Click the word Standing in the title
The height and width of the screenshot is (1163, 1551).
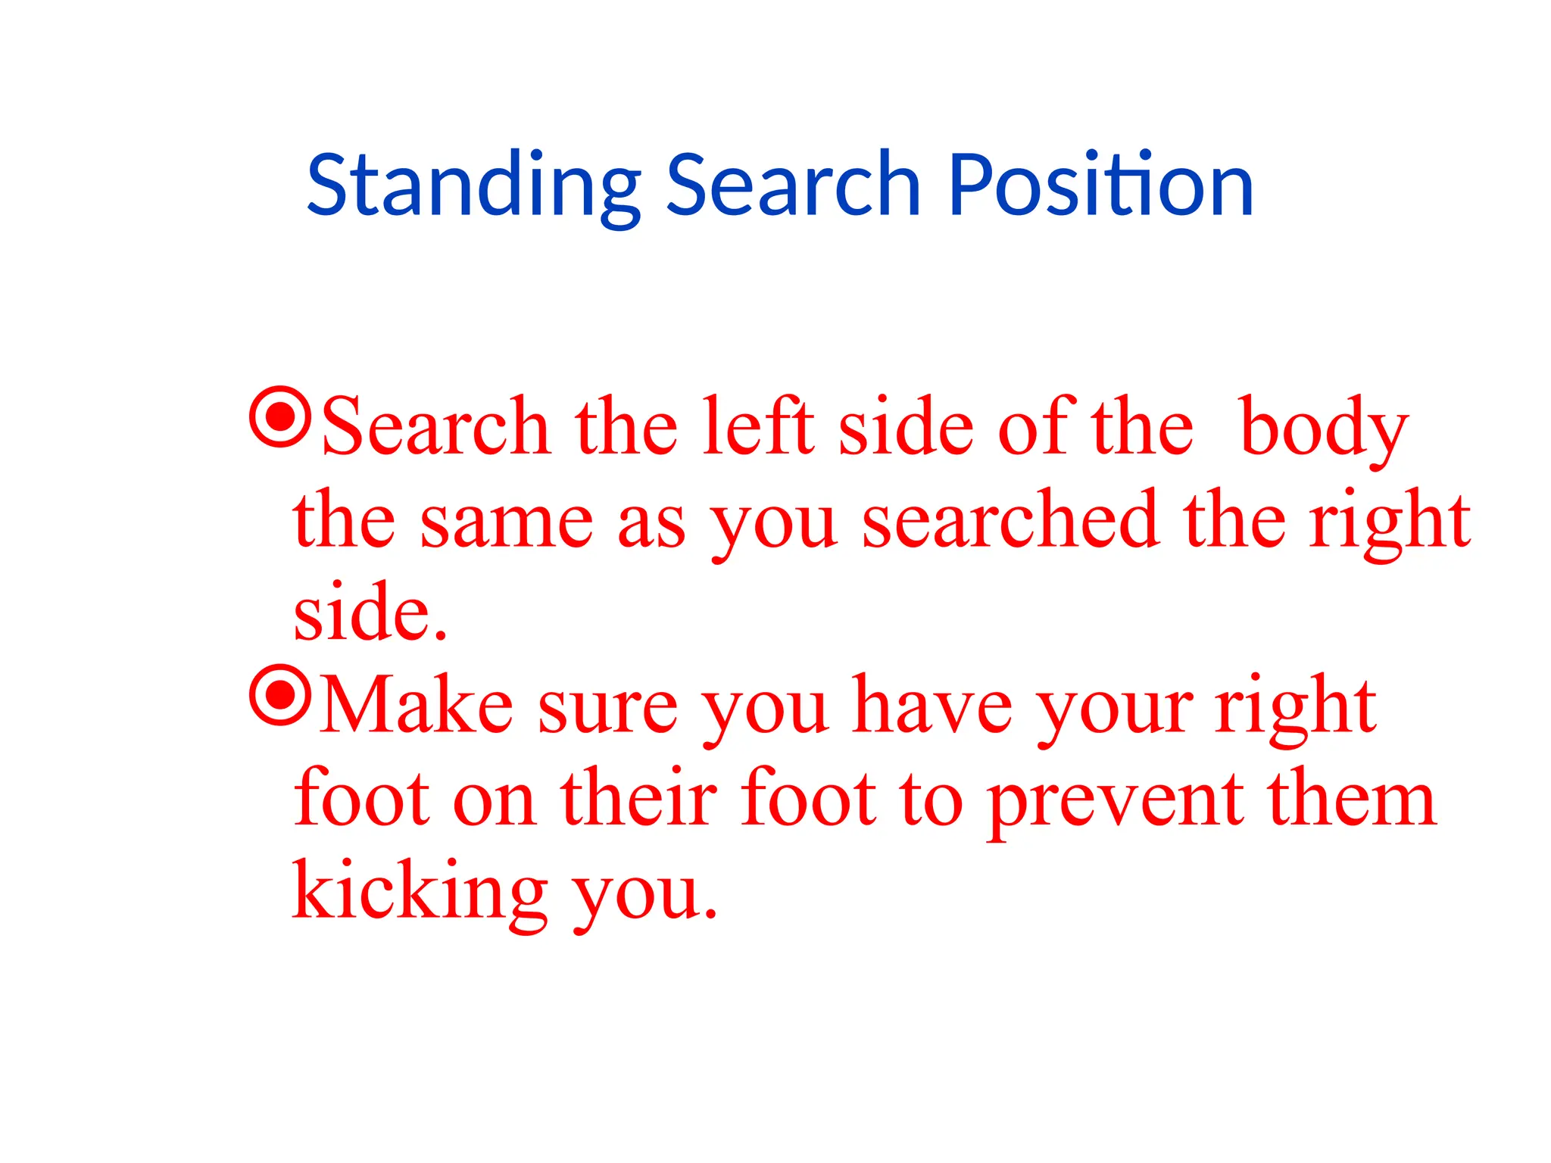473,186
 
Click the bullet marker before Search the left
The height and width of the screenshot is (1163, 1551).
280,416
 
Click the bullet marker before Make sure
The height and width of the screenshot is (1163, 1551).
280,694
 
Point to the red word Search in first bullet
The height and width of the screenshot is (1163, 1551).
435,428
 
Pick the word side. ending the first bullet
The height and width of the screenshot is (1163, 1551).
370,612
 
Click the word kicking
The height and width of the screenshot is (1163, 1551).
420,892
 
